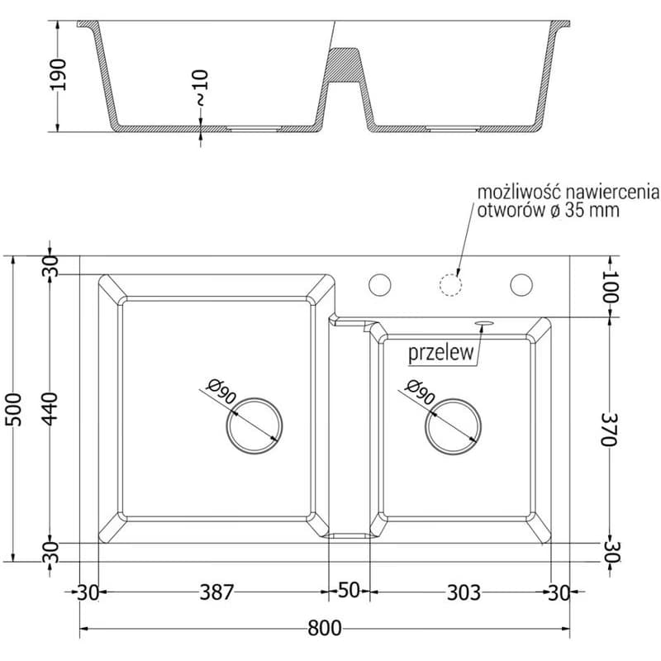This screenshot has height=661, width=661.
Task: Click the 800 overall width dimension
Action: pyautogui.click(x=324, y=628)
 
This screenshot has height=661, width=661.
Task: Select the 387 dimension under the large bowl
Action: pyautogui.click(x=216, y=592)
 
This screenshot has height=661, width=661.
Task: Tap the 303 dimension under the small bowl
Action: pyautogui.click(x=464, y=592)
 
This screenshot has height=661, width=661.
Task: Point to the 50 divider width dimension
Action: pyautogui.click(x=349, y=591)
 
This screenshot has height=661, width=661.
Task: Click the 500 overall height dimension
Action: pyautogui.click(x=14, y=409)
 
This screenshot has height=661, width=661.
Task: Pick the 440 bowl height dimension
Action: pyautogui.click(x=50, y=409)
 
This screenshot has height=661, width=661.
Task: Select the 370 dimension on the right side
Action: pyautogui.click(x=609, y=429)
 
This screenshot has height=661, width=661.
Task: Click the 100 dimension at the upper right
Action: pyautogui.click(x=610, y=287)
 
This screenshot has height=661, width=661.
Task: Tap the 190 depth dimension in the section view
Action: pyautogui.click(x=58, y=74)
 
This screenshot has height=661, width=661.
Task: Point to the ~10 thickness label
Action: pyautogui.click(x=201, y=88)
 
